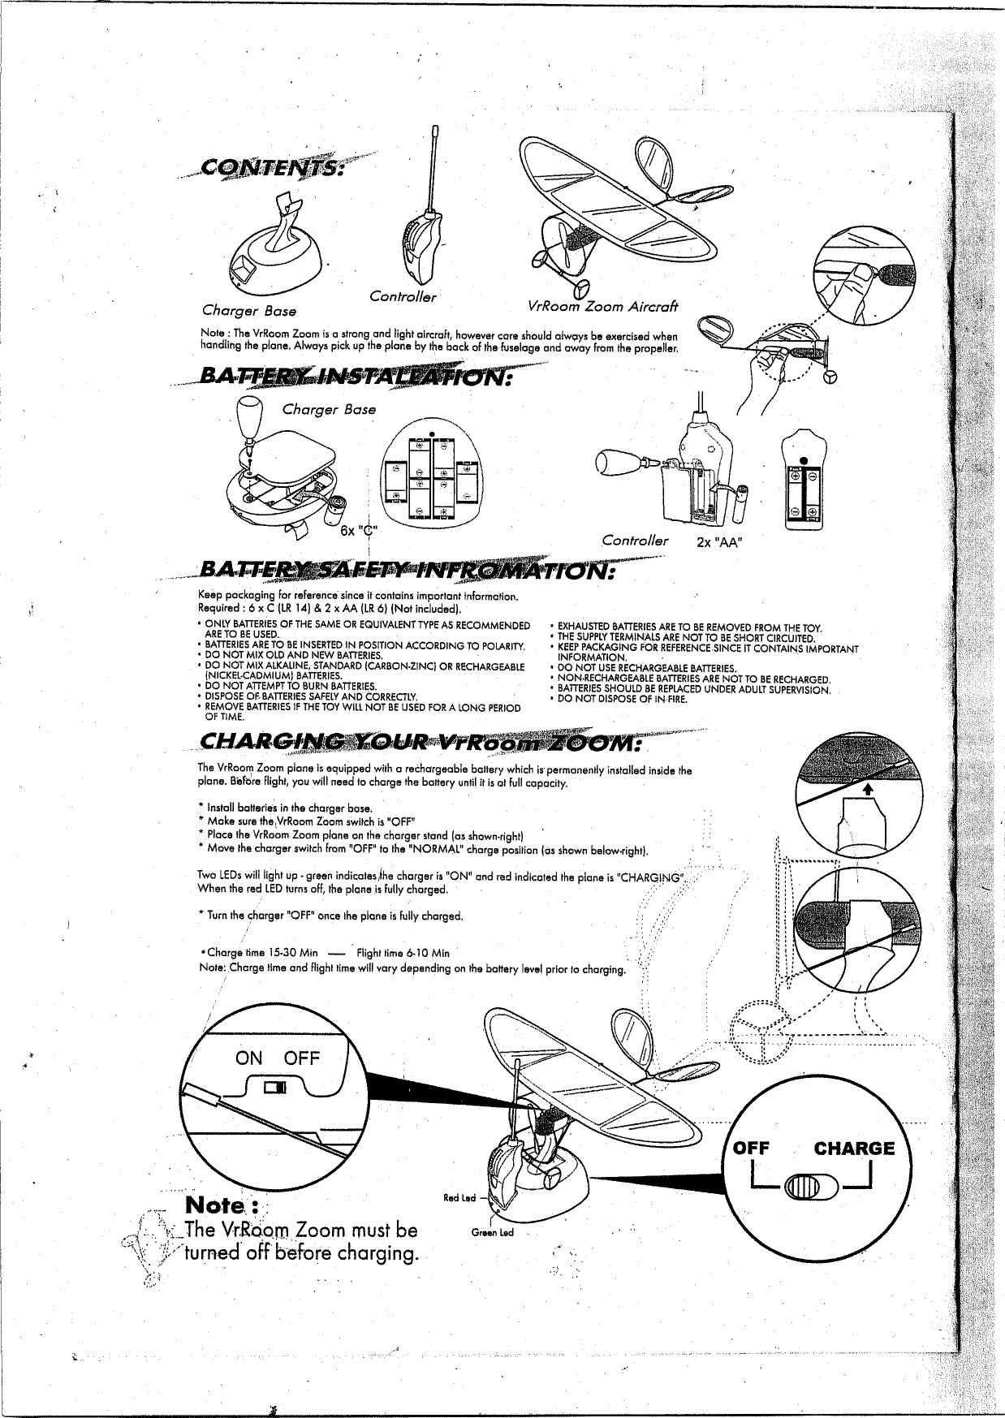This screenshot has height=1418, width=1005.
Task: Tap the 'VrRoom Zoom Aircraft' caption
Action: tap(602, 306)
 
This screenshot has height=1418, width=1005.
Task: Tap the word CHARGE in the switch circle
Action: tap(854, 1148)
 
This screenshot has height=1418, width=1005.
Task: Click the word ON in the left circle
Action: tap(248, 1058)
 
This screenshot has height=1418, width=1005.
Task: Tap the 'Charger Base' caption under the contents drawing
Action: tap(249, 311)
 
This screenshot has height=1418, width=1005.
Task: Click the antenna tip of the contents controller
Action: tap(436, 130)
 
